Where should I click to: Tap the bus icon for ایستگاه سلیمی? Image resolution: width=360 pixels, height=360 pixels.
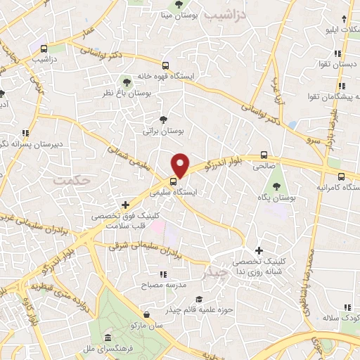pos(174,179)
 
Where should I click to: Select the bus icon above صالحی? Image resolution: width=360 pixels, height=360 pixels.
pos(264,155)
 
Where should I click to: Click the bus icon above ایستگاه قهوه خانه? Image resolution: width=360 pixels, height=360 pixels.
pos(165,64)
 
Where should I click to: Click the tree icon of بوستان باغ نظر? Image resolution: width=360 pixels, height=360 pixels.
pos(127,81)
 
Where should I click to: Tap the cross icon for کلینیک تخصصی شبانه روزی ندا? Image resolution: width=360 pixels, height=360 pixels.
pos(259,250)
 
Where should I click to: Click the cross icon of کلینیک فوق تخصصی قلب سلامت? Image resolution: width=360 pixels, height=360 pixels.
pos(125,205)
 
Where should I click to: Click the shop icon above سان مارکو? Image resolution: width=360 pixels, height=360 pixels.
pos(146,314)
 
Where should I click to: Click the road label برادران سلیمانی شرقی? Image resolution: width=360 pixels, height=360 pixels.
pos(134,245)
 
